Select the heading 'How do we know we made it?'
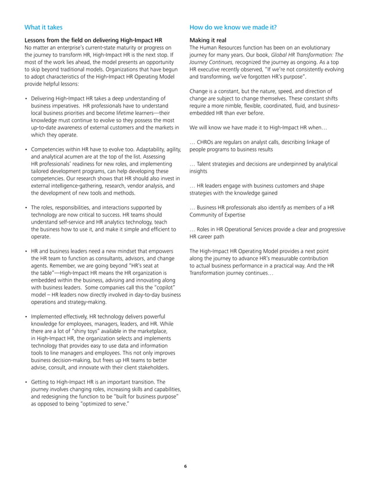(x=233, y=27)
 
